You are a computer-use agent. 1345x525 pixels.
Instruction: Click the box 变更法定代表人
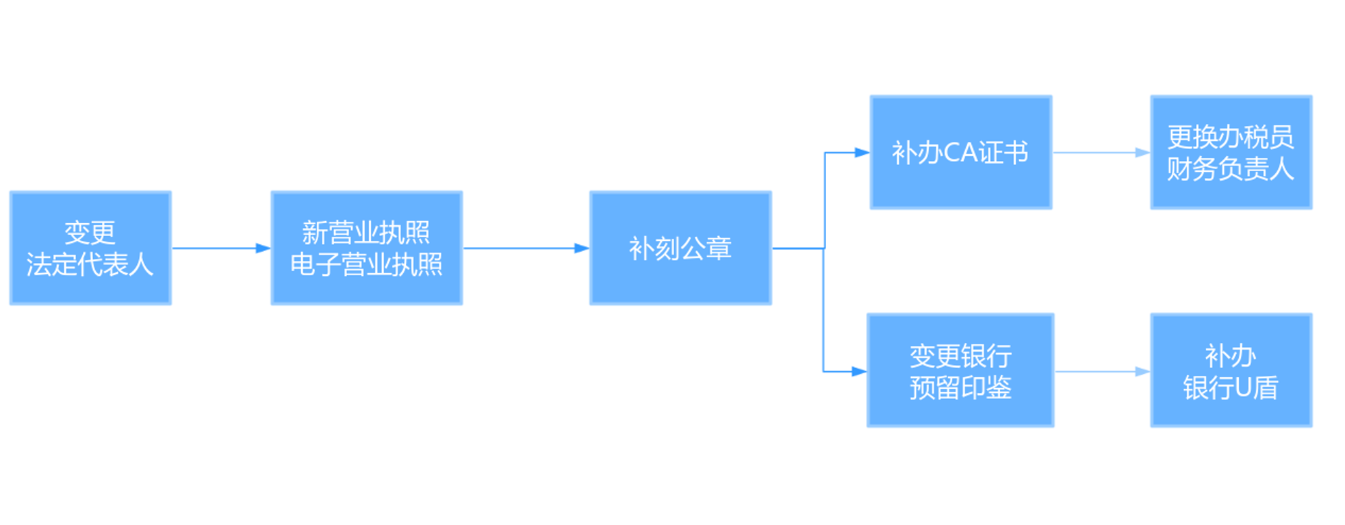(x=90, y=248)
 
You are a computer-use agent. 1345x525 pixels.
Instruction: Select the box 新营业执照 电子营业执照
(x=366, y=248)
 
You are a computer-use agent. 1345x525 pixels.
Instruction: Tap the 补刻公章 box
(x=680, y=248)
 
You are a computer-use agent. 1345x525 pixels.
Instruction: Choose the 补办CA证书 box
(x=960, y=152)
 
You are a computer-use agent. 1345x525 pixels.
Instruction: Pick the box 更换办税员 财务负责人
(x=1231, y=152)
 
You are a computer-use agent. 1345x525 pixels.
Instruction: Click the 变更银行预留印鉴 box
(x=960, y=370)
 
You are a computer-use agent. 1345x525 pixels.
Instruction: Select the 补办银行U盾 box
(x=1231, y=370)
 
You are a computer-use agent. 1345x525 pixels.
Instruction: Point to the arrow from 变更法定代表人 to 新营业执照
(x=219, y=248)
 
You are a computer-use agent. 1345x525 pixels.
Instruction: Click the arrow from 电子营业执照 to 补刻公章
(x=524, y=248)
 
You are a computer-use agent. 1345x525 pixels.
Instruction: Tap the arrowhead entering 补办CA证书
(x=862, y=153)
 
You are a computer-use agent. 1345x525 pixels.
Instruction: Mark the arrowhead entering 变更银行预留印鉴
(x=859, y=372)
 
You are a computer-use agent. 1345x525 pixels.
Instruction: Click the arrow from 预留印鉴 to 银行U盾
(x=1101, y=372)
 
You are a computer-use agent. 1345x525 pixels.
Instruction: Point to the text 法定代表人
(x=90, y=264)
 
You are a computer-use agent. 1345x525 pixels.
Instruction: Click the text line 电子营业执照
(x=366, y=264)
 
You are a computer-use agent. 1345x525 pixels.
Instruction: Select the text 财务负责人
(x=1230, y=169)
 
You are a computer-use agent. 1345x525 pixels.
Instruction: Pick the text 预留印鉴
(x=960, y=387)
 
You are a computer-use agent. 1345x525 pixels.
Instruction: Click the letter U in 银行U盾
(x=1243, y=388)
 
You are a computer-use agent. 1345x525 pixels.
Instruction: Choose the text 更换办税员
(x=1230, y=137)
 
